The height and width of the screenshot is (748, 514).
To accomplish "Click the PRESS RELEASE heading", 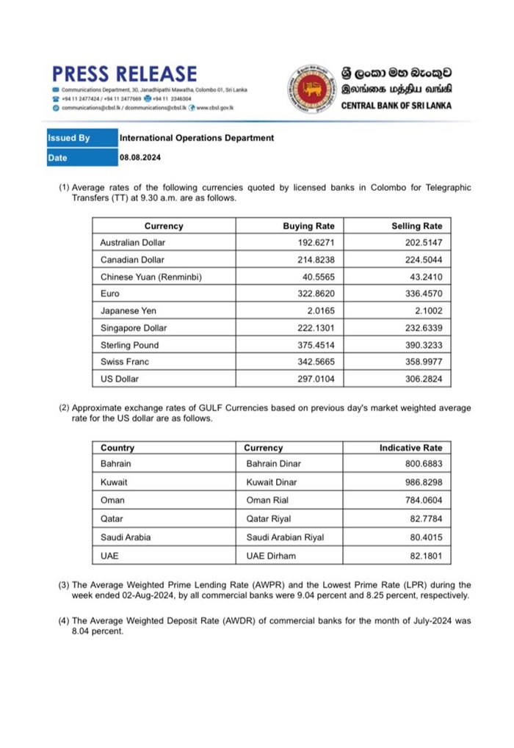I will click(124, 74).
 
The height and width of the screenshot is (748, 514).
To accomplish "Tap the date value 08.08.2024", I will click(140, 158).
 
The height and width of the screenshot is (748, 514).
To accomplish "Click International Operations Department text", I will click(197, 138).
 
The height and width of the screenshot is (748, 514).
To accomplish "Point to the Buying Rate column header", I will click(308, 226).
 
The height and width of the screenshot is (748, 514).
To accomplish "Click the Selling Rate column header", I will click(417, 226).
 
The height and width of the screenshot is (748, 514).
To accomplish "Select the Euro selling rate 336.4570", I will click(422, 294).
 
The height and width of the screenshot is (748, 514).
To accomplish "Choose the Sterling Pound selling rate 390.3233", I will click(422, 345).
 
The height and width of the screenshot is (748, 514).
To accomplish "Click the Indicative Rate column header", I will click(410, 448).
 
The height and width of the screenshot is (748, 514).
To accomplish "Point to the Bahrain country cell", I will click(116, 464).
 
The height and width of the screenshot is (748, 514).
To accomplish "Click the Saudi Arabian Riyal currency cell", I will click(285, 537).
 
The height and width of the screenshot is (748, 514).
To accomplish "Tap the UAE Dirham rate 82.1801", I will click(425, 556).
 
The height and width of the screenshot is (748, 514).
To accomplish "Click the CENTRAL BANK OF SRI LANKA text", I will click(397, 106).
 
